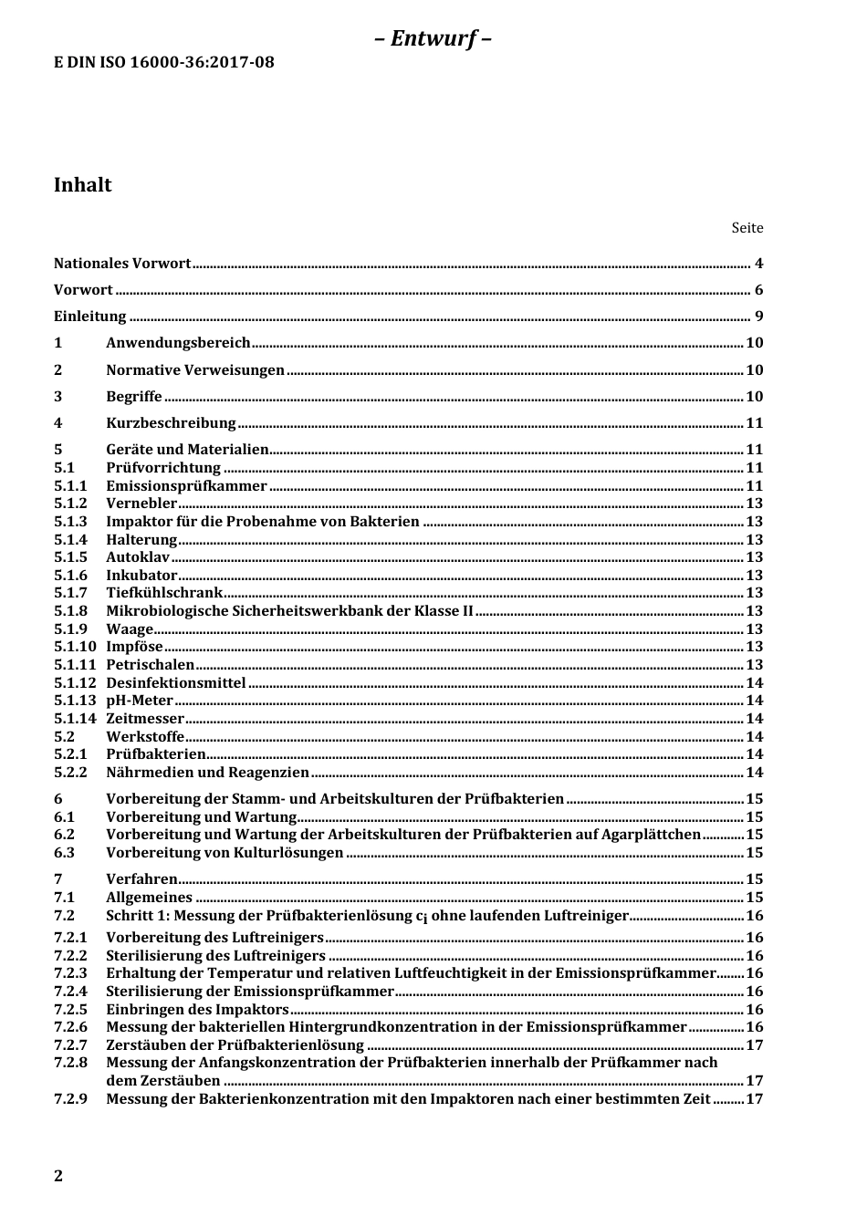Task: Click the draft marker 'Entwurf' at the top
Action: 433,38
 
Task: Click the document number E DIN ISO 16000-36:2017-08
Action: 163,62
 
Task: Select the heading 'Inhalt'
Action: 83,185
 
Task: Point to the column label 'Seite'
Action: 747,228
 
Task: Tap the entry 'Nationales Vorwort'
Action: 122,264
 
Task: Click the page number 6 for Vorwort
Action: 758,290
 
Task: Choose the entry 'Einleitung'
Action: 89,317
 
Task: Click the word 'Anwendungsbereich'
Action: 178,343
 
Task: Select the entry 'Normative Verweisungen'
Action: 195,370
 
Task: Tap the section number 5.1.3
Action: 70,522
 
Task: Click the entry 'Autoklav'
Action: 138,557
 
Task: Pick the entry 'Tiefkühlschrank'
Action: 164,593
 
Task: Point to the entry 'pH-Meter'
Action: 140,701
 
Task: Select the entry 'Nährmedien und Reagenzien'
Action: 207,773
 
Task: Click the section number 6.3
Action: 64,853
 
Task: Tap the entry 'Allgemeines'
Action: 149,898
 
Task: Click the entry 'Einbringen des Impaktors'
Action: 197,1010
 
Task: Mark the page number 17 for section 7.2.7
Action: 754,1045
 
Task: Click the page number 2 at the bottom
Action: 58,1176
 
